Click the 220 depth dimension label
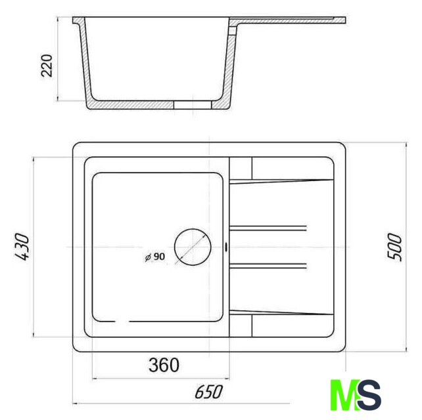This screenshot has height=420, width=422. coord(47,66)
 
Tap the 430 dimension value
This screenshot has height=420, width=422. coord(22,247)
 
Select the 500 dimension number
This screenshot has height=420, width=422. coord(394,247)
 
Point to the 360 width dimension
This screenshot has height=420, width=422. coord(164,365)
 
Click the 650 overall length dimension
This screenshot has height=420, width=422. coord(209,392)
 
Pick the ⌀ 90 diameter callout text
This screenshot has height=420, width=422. coord(154,257)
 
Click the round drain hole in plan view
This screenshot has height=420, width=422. coord(193,247)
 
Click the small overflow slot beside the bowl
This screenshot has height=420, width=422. coord(226,247)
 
